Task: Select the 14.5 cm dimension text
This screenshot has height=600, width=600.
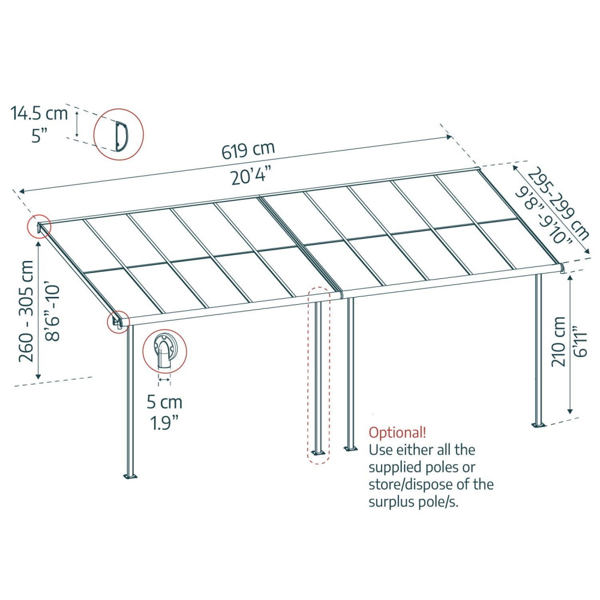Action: pyautogui.click(x=39, y=113)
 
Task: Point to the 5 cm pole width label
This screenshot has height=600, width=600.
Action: pyautogui.click(x=164, y=402)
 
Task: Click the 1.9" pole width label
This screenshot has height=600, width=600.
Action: pyautogui.click(x=164, y=423)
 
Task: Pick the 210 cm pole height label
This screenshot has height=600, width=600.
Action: pyautogui.click(x=559, y=342)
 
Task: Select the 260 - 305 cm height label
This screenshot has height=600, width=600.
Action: pyautogui.click(x=26, y=311)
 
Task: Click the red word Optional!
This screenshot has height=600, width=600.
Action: pyautogui.click(x=397, y=433)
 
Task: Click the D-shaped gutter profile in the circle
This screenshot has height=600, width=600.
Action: pyautogui.click(x=122, y=135)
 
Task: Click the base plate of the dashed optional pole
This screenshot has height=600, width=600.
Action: pyautogui.click(x=319, y=452)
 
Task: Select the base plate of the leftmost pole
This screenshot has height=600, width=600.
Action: pyautogui.click(x=130, y=476)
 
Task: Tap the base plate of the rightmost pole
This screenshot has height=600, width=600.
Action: pyautogui.click(x=539, y=425)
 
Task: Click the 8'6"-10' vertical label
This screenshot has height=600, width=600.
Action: pyautogui.click(x=52, y=312)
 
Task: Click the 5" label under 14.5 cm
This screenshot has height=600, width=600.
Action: pyautogui.click(x=40, y=136)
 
